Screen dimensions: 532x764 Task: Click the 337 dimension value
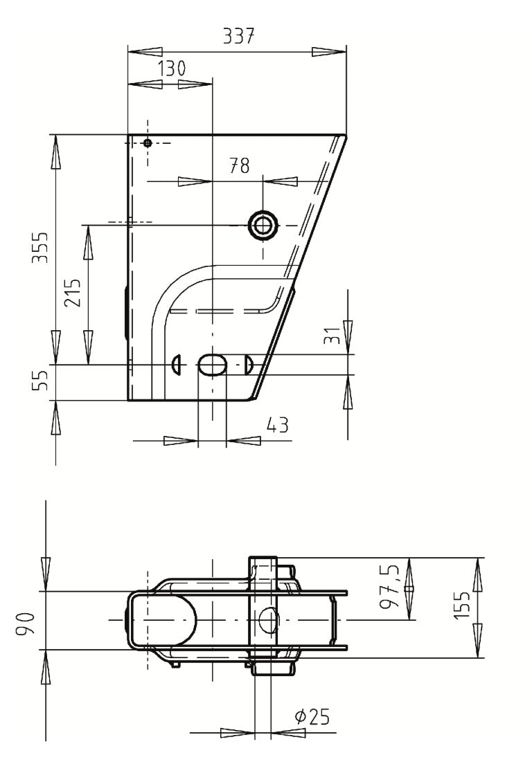point(238,37)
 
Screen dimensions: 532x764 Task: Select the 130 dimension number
point(172,69)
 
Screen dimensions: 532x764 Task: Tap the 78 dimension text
point(240,165)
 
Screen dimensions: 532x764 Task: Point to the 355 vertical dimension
point(42,247)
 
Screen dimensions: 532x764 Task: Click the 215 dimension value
point(73,292)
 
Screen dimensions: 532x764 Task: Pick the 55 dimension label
point(42,380)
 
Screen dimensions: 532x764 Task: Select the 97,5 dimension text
point(390,585)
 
